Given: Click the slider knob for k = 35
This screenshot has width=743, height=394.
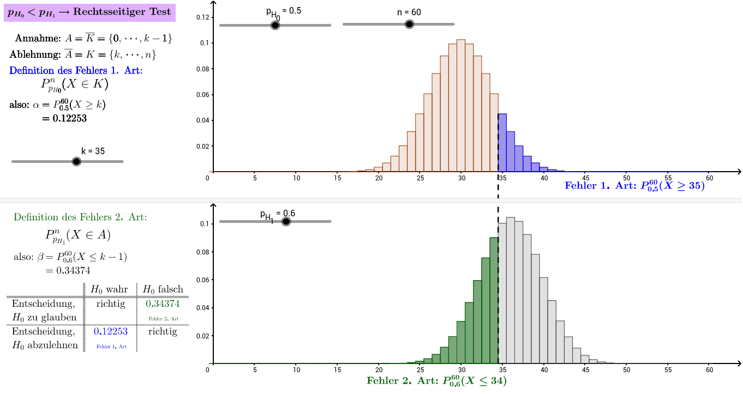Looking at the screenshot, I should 76,161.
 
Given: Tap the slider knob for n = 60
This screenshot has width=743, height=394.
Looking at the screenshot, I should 409,24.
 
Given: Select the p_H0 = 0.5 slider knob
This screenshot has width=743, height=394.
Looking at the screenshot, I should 275,25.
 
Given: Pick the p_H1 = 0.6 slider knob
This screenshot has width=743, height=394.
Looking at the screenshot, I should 286,221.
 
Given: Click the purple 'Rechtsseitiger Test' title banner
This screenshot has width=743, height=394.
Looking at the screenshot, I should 89,12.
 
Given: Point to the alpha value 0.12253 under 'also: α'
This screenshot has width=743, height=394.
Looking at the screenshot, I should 64,118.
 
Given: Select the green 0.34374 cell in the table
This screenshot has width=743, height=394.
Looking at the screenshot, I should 163,304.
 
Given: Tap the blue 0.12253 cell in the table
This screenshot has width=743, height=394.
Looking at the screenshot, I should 111,331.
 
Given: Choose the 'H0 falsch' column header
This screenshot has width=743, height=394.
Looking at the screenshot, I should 163,289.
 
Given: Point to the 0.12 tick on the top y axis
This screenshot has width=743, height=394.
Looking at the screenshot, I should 203,17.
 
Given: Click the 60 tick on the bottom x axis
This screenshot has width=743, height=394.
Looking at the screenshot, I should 709,370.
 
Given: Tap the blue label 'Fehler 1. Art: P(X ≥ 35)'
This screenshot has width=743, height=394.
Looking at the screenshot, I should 634,186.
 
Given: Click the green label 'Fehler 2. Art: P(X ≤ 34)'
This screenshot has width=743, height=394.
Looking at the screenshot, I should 437,381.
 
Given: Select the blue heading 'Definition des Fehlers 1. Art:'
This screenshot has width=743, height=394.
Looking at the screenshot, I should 76,70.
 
